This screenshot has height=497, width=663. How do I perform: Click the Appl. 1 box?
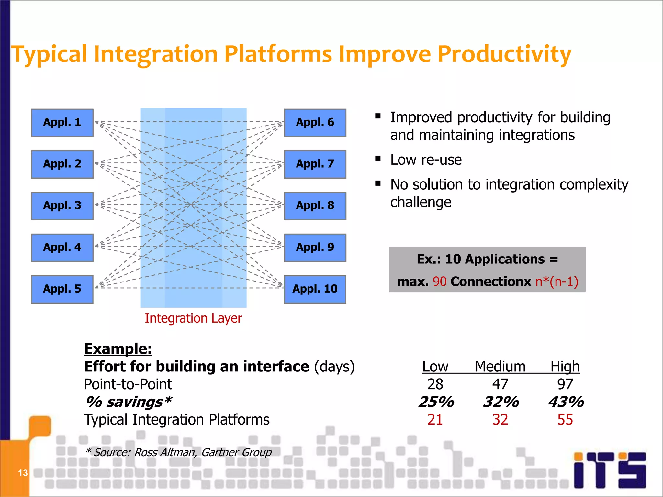click(x=62, y=123)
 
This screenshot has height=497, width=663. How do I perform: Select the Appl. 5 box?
click(x=62, y=289)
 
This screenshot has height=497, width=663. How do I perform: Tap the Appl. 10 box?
click(x=315, y=289)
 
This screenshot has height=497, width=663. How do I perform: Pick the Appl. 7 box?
click(x=315, y=164)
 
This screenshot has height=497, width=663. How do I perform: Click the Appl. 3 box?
click(x=62, y=206)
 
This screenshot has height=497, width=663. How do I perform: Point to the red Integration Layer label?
click(x=193, y=318)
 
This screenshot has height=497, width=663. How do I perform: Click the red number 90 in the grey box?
click(x=439, y=282)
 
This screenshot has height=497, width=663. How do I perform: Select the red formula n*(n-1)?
click(x=556, y=282)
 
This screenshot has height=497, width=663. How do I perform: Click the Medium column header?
click(x=500, y=367)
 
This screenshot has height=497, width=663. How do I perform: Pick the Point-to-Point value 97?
click(x=565, y=384)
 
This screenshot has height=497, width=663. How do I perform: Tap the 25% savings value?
click(x=436, y=402)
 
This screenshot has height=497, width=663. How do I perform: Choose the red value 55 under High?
click(x=565, y=420)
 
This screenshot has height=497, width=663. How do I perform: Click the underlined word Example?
click(x=118, y=349)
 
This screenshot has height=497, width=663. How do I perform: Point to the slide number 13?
click(x=23, y=473)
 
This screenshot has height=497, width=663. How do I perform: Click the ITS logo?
click(x=610, y=470)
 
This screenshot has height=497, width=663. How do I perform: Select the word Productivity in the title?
click(x=504, y=54)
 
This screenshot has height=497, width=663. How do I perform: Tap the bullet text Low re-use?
click(x=426, y=160)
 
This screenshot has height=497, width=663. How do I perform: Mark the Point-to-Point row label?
click(x=128, y=384)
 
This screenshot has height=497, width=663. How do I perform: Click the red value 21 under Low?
click(x=435, y=420)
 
